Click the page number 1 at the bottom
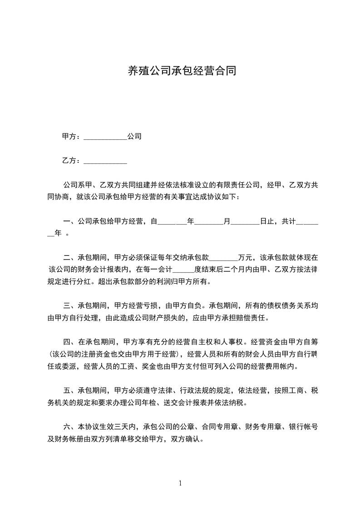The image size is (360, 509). [180, 483]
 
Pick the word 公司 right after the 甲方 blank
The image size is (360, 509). [134, 136]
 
